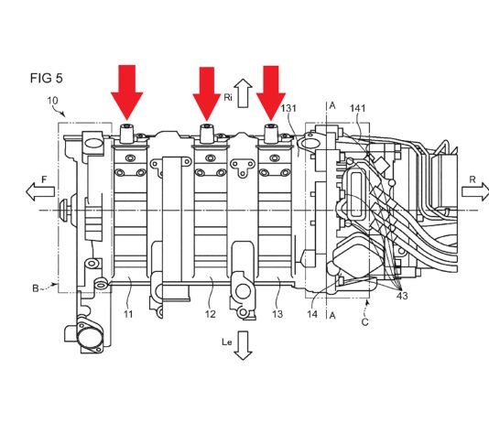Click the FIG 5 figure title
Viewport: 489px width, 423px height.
tap(47, 78)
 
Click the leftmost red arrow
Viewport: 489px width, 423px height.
tap(127, 92)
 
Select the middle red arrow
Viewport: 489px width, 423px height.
tap(207, 93)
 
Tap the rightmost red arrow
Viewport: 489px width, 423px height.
tap(271, 93)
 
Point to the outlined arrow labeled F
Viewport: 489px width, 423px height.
tap(40, 191)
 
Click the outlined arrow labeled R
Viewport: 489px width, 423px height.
tap(475, 191)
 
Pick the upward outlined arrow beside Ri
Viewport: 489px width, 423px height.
tap(244, 93)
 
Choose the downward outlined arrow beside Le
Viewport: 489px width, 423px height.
tap(243, 345)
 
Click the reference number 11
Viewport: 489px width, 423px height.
tap(128, 314)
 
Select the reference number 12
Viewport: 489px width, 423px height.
tap(211, 314)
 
